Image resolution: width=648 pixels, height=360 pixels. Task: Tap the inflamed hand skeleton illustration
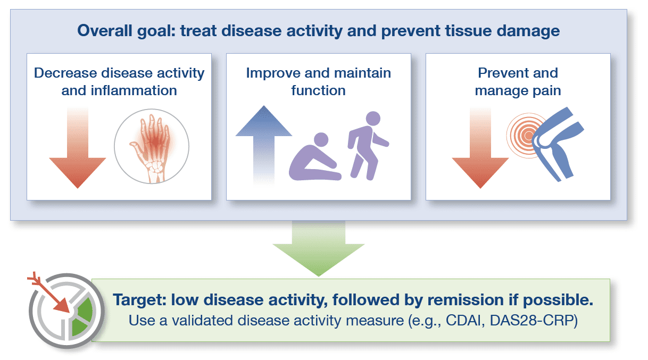pos(152,147)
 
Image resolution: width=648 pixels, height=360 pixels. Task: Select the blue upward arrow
pos(263,145)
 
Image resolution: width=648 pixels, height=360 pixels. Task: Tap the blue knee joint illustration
pos(557,143)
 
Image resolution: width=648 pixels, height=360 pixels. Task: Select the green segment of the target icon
pos(83,316)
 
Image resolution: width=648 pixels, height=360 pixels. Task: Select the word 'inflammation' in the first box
pos(134,90)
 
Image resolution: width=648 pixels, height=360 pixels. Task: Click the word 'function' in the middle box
pos(319,90)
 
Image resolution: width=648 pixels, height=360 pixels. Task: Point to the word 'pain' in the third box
pos(547,91)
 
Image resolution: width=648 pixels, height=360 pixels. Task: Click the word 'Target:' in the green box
pos(139,300)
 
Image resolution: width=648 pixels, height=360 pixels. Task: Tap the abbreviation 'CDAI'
pos(465,321)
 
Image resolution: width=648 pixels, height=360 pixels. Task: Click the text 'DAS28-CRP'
pos(531,321)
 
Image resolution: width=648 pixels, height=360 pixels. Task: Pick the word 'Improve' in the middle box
pos(273,73)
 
